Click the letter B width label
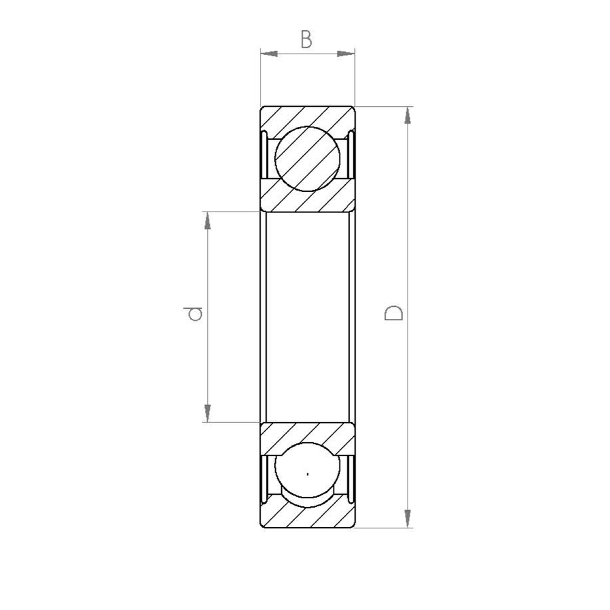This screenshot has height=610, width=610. pos(306,40)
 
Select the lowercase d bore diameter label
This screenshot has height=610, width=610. pos(194,314)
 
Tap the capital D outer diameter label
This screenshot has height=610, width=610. pos(393,312)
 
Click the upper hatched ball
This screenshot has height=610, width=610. pos(307,159)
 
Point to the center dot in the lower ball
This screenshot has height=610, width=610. pos(308,473)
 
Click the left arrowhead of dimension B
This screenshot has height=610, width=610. pos(269,54)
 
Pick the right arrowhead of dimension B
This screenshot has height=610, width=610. pos(346,54)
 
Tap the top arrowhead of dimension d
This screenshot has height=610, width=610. pos(208,221)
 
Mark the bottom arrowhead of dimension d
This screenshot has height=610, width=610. pos(208,413)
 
